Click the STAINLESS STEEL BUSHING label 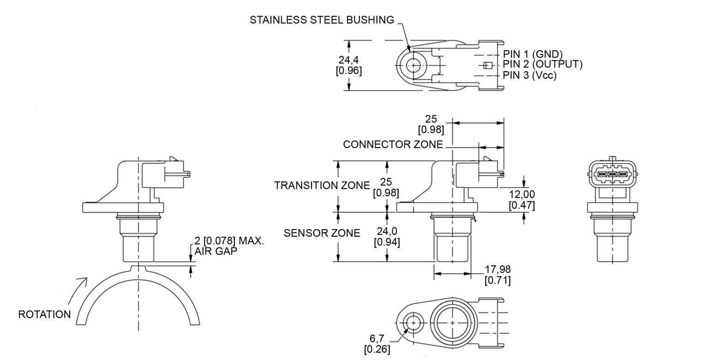coord(321,20)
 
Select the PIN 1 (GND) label coord(532,54)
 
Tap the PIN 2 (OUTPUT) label coord(542,65)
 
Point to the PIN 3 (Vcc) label coord(530,75)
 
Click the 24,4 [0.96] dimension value coord(349,65)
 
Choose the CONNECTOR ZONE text coord(393,144)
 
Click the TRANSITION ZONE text coord(322,186)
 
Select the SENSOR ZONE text coord(321,233)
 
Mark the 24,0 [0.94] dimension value coord(387,236)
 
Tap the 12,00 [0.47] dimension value coord(522,199)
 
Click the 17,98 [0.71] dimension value coord(498,274)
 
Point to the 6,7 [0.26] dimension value coord(377,344)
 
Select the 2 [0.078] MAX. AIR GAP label coord(229,246)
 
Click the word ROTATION coord(44,314)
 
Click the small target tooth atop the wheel coord(138,268)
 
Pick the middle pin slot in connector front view coord(613,174)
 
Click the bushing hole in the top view coord(413,66)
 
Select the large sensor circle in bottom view coord(452,323)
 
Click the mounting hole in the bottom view coord(413,323)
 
